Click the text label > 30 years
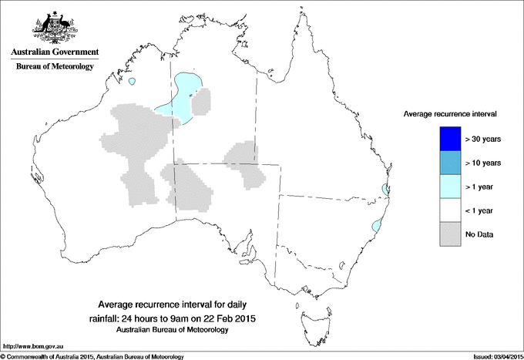[483, 140]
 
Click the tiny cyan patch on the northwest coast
[133, 82]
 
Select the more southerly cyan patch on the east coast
[376, 226]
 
